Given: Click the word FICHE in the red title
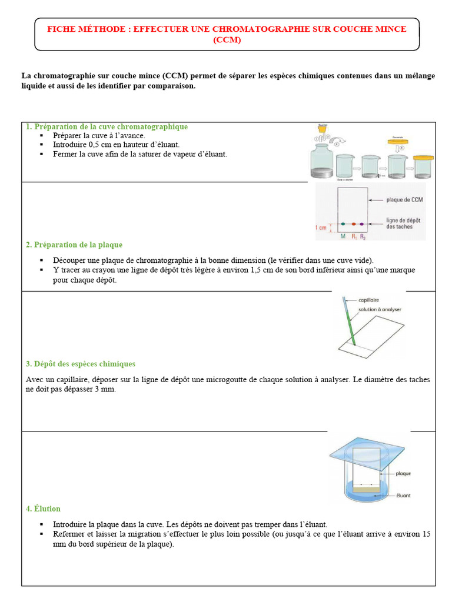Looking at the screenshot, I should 60,29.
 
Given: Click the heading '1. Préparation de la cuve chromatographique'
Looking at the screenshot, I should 107,126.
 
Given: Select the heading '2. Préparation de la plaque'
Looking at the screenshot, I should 74,245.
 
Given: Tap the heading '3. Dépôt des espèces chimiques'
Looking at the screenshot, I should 81,364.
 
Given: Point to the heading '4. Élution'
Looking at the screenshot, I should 43,509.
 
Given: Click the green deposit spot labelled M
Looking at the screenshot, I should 343,225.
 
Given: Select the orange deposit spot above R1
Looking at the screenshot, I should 353,225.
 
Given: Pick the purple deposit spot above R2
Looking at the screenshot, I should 363,225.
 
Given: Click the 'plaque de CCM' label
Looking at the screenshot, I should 404,200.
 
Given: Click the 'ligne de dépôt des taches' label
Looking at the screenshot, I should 404,223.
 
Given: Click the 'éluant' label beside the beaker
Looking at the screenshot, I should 403,495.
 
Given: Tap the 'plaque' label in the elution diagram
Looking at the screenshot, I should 403,473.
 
